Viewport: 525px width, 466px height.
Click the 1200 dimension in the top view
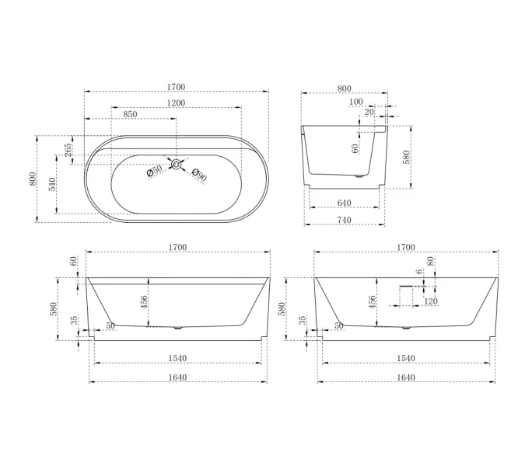pyautogui.click(x=176, y=103)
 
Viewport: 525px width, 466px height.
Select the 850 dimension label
pyautogui.click(x=130, y=114)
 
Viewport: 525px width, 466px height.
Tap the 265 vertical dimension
pyautogui.click(x=68, y=150)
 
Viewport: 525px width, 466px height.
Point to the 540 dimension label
pyautogui.click(x=53, y=185)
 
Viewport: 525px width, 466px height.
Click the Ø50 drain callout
pyautogui.click(x=154, y=171)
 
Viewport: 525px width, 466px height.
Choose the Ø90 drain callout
pyautogui.click(x=199, y=176)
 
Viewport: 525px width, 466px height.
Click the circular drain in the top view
pyautogui.click(x=177, y=164)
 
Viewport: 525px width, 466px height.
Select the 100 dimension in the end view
pyautogui.click(x=355, y=102)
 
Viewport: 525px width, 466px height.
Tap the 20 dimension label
pyautogui.click(x=369, y=112)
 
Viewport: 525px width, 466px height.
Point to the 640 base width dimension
pyautogui.click(x=345, y=203)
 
